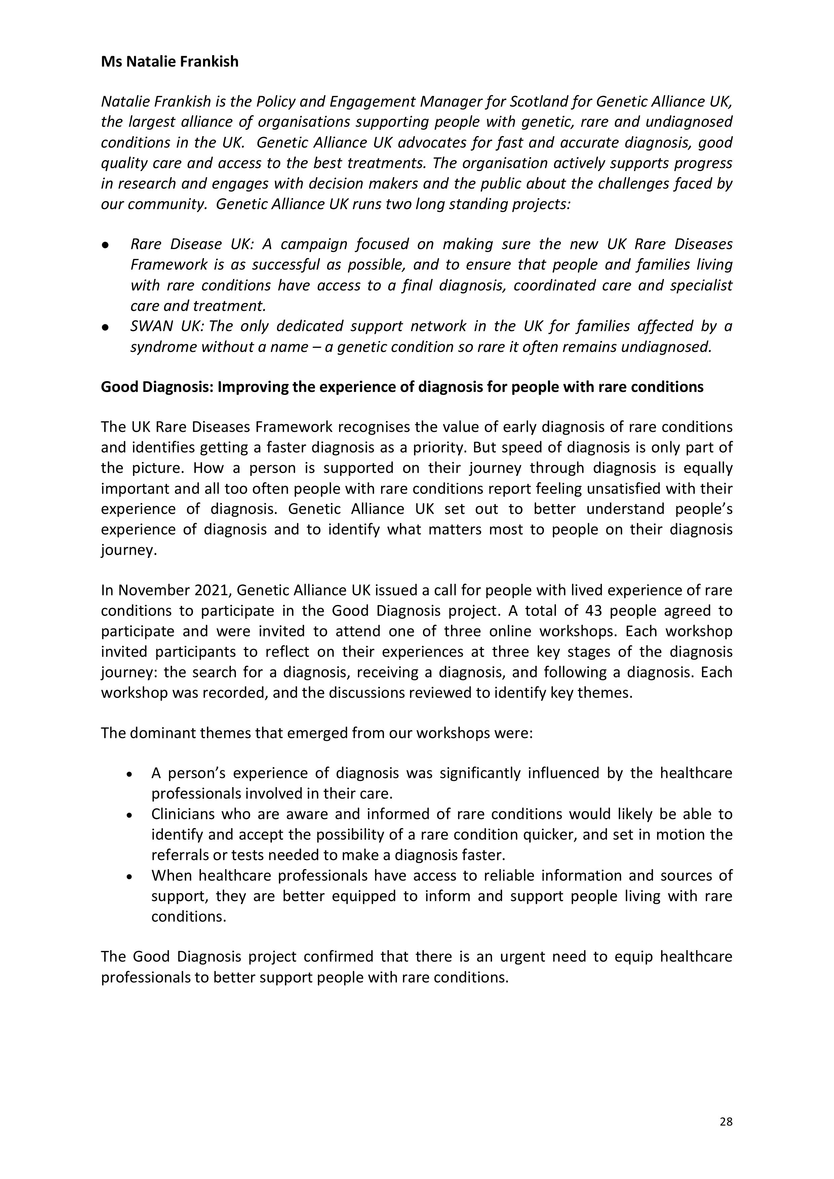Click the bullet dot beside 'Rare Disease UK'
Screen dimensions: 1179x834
click(105, 245)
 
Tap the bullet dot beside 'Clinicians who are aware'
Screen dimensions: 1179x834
click(130, 815)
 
